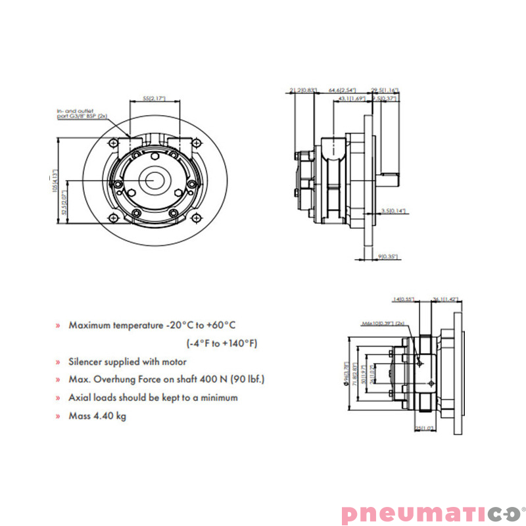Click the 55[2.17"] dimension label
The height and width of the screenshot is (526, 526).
coord(155,98)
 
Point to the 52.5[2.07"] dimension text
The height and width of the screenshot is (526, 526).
coord(64,204)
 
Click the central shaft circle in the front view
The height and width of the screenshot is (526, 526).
coord(156,179)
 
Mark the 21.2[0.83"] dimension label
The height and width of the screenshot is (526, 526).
coord(303,89)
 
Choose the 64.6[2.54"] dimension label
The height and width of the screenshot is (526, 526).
coord(342,89)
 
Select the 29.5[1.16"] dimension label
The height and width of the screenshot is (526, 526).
coord(385,89)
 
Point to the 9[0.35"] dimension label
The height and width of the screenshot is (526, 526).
coord(388,256)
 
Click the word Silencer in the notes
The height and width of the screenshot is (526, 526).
coord(87,362)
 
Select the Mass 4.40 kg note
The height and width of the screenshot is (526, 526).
coord(97,416)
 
